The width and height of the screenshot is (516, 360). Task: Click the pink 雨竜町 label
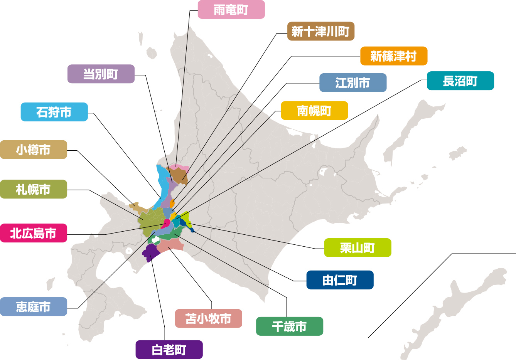(x=231, y=10)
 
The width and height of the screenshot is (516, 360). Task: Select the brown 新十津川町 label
(x=320, y=31)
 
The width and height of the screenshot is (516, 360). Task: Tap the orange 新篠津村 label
(x=393, y=56)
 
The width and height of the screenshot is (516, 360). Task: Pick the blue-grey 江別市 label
(x=352, y=83)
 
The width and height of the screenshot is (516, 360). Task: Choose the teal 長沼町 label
(x=460, y=81)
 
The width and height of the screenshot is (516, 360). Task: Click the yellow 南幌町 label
(x=314, y=111)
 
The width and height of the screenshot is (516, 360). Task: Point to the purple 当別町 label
(x=101, y=74)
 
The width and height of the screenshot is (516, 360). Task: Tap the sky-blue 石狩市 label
(x=54, y=112)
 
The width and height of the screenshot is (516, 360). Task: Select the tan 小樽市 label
(x=33, y=150)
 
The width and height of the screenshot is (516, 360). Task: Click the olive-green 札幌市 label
(x=33, y=189)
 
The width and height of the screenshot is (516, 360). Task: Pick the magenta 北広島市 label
(x=33, y=233)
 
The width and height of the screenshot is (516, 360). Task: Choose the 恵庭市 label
(x=33, y=307)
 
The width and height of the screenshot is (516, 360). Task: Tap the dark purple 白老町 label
(x=169, y=350)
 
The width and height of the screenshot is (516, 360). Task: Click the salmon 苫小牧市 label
(x=208, y=319)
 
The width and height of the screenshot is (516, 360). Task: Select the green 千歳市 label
(x=289, y=326)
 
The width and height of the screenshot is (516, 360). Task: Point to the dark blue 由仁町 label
(x=340, y=280)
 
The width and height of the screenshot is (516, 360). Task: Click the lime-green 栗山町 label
(x=357, y=248)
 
